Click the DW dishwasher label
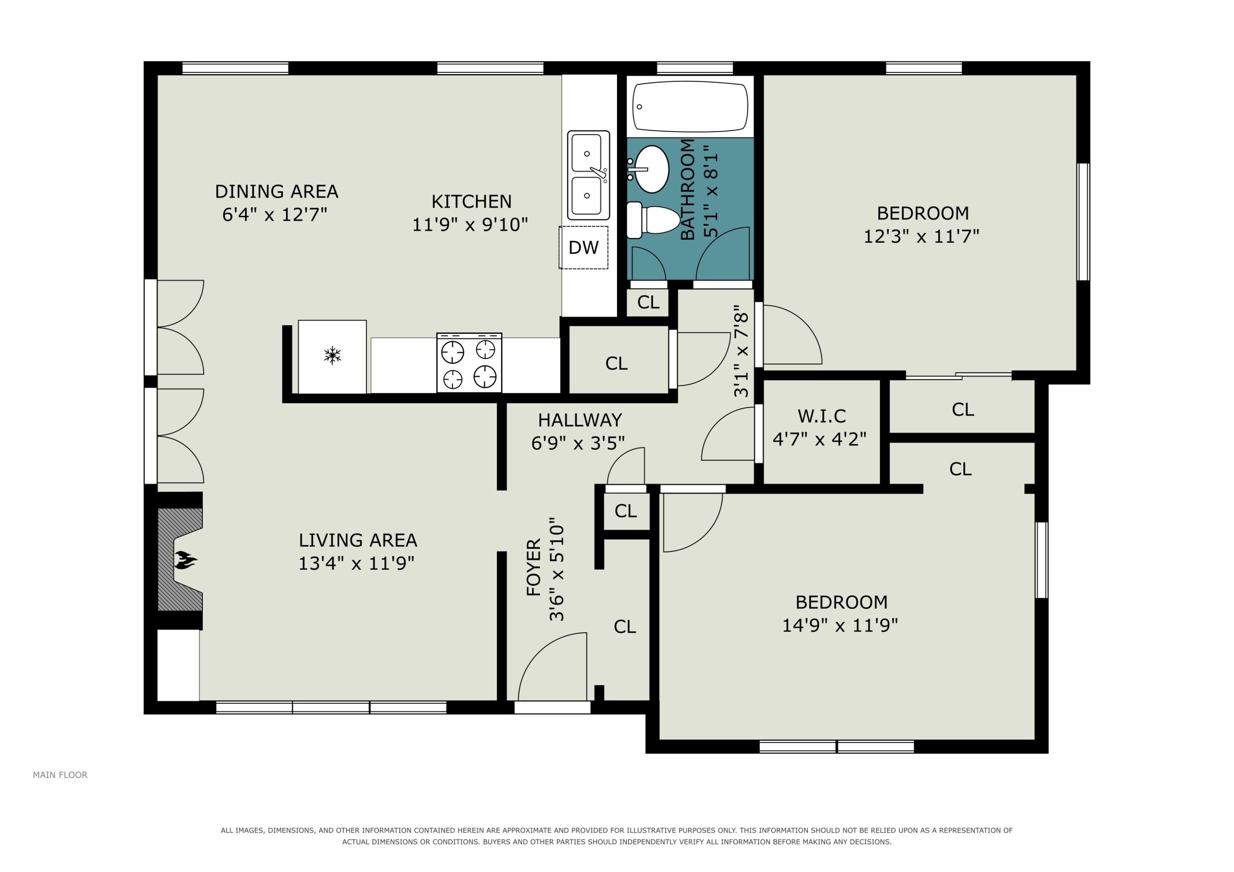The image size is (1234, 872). (583, 247)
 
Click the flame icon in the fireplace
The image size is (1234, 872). (186, 560)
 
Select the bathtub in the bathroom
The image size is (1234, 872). (691, 106)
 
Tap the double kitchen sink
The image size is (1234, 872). (589, 175)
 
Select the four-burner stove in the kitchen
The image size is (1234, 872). (469, 363)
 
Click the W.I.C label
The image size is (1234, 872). (821, 416)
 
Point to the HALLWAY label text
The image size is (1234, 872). (580, 420)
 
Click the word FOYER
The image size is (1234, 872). (533, 567)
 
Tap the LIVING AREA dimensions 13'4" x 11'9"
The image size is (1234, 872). (356, 563)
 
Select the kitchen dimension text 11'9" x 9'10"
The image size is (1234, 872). (470, 224)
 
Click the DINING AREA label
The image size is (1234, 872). (276, 191)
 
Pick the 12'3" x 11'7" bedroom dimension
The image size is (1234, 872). (921, 236)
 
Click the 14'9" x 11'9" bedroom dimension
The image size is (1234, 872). (840, 625)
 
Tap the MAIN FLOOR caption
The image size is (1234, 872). (60, 775)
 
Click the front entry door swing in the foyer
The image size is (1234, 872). (552, 667)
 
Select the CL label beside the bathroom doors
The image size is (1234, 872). (648, 302)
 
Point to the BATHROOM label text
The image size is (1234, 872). (688, 189)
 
